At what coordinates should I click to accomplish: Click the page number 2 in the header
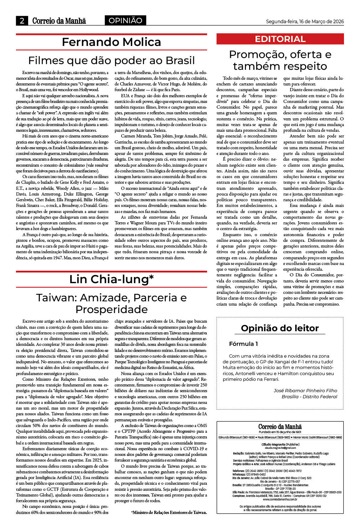tap(22, 21)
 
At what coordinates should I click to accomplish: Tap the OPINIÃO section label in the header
tap(125, 21)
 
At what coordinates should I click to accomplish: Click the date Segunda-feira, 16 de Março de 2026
tap(305, 21)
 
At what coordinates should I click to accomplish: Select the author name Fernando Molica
tap(111, 42)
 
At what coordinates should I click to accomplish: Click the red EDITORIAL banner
tap(280, 39)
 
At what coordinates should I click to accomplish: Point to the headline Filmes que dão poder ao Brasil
tap(111, 60)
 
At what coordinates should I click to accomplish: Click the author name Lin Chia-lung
tap(111, 279)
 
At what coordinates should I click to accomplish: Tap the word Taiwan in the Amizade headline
tap(56, 298)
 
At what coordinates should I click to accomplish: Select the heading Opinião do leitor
tap(280, 328)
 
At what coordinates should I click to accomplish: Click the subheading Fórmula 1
tap(243, 344)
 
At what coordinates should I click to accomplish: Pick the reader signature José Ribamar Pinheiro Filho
tap(305, 390)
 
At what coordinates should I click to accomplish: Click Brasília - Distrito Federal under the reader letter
tap(309, 396)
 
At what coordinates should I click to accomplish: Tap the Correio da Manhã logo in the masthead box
tap(280, 427)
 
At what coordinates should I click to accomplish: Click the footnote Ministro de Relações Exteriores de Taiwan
tap(169, 512)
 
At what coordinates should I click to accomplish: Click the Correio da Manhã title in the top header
tap(59, 21)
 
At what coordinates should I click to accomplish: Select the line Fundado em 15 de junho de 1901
tap(280, 432)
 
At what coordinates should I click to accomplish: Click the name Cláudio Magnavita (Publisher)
tap(280, 445)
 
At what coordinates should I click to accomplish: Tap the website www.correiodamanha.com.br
tap(280, 499)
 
